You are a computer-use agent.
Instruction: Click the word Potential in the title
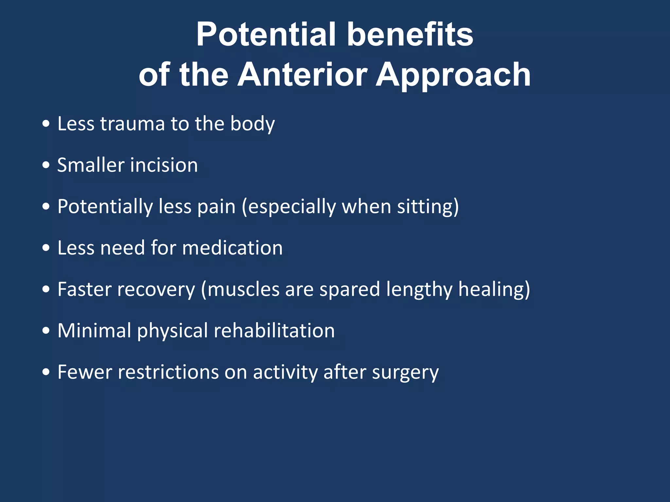pyautogui.click(x=266, y=34)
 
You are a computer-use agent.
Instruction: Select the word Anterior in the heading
pyautogui.click(x=302, y=75)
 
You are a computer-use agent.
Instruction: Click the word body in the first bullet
pyautogui.click(x=252, y=124)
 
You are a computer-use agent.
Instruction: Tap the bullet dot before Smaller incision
pyautogui.click(x=46, y=165)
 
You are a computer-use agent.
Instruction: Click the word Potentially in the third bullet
pyautogui.click(x=105, y=207)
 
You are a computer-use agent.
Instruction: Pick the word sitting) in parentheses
pyautogui.click(x=428, y=207)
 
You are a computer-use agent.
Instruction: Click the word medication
pyautogui.click(x=232, y=248)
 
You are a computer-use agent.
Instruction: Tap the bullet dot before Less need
pyautogui.click(x=46, y=248)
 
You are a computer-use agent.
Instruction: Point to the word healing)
pyautogui.click(x=494, y=289)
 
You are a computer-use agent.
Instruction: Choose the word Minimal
pyautogui.click(x=94, y=330)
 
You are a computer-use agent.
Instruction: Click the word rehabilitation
pyautogui.click(x=274, y=330)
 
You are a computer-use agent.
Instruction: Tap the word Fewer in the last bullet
pyautogui.click(x=85, y=372)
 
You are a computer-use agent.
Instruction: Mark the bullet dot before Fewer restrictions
pyautogui.click(x=46, y=372)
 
